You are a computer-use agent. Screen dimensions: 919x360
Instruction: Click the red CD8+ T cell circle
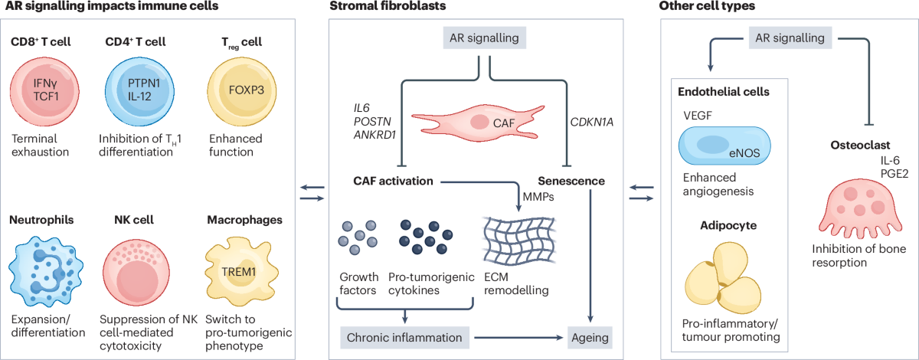click(x=44, y=91)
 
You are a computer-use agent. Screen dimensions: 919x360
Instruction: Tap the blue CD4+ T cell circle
click(x=139, y=91)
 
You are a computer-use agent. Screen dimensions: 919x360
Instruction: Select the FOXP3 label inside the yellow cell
click(x=246, y=90)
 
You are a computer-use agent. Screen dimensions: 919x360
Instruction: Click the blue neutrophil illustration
click(x=46, y=271)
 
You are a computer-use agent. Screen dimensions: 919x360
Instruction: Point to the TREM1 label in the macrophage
click(x=239, y=272)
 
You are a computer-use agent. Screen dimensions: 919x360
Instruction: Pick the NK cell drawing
click(x=136, y=273)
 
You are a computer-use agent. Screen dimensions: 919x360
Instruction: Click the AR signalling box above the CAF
click(x=484, y=38)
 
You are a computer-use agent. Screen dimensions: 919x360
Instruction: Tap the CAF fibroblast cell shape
click(x=478, y=123)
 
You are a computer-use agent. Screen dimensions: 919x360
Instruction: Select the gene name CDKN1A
click(x=591, y=122)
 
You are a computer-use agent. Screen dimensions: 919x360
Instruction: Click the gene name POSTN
click(x=372, y=122)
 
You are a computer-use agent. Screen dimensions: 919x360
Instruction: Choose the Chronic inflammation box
click(x=404, y=338)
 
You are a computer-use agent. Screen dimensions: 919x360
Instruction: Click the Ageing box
click(x=590, y=338)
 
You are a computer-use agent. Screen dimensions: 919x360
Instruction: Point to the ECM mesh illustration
click(x=519, y=241)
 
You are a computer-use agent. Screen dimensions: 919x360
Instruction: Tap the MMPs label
click(x=538, y=197)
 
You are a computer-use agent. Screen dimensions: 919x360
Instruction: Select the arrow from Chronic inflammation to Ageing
click(x=518, y=338)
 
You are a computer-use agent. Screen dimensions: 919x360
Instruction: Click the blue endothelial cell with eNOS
click(x=724, y=146)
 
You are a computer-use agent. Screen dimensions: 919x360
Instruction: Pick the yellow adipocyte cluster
click(x=723, y=278)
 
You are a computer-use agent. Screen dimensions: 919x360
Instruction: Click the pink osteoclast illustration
click(x=860, y=210)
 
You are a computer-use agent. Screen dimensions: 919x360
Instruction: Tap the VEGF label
click(x=698, y=116)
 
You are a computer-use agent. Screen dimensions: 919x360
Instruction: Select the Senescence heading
click(x=571, y=181)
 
